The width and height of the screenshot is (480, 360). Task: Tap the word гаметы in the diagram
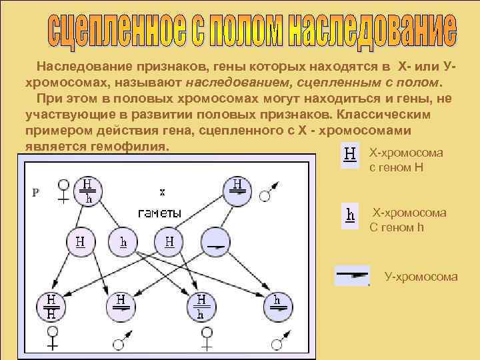coord(159,213)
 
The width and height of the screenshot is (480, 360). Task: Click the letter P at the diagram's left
coord(35,192)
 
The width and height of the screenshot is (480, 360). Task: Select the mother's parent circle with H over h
coord(89,191)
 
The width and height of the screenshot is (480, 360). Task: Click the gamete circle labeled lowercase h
coord(123,242)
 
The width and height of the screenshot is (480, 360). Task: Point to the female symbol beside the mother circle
coord(64,189)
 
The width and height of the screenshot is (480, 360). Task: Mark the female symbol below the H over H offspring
coord(51,339)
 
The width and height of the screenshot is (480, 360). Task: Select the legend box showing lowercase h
coord(349,215)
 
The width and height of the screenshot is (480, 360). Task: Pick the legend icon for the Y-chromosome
coord(351,273)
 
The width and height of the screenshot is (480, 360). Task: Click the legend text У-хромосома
coord(421,276)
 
